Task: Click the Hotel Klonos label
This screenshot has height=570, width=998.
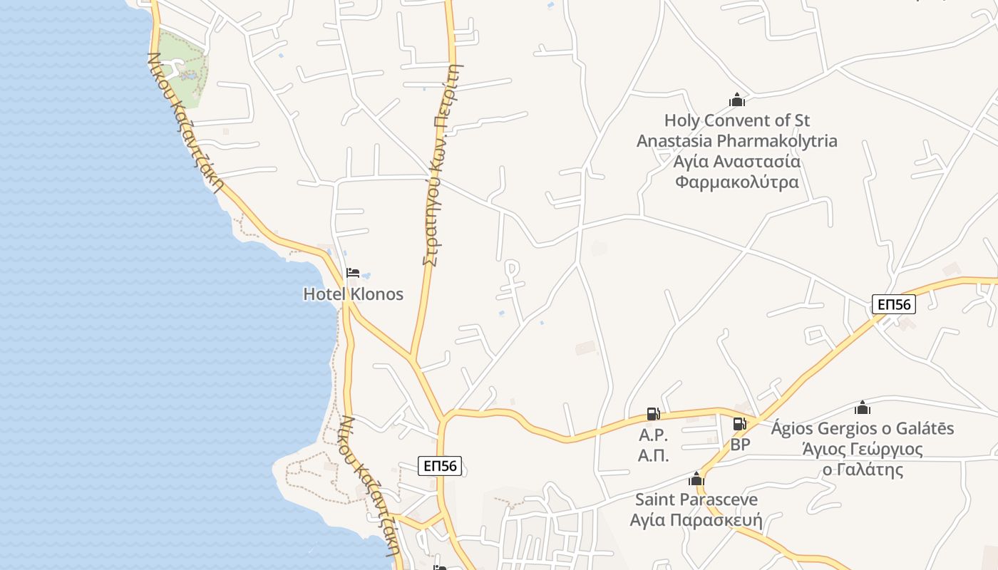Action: [353, 294]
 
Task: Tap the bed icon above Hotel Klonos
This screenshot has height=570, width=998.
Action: [352, 273]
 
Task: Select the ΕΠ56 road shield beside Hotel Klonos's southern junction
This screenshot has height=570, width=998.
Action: [441, 466]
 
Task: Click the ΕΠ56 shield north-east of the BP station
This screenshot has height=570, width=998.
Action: [893, 304]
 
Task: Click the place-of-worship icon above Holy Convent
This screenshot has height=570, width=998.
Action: [736, 100]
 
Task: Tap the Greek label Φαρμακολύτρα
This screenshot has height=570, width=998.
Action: [736, 182]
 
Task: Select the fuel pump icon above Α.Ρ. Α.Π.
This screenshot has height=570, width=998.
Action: [652, 413]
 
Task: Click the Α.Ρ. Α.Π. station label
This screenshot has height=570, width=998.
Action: [653, 445]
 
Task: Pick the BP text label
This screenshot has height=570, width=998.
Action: [740, 445]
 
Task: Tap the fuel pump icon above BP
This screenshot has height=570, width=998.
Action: [739, 424]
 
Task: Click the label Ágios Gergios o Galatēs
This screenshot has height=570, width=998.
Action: [863, 428]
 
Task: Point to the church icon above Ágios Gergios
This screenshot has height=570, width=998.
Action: [863, 408]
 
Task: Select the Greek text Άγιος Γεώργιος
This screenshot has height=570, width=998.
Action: [863, 449]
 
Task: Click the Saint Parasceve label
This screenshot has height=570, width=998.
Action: [696, 499]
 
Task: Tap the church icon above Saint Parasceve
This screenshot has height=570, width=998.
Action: [696, 479]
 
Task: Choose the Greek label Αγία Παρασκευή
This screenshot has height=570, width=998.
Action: [696, 519]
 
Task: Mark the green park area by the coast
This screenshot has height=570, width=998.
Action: [181, 68]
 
